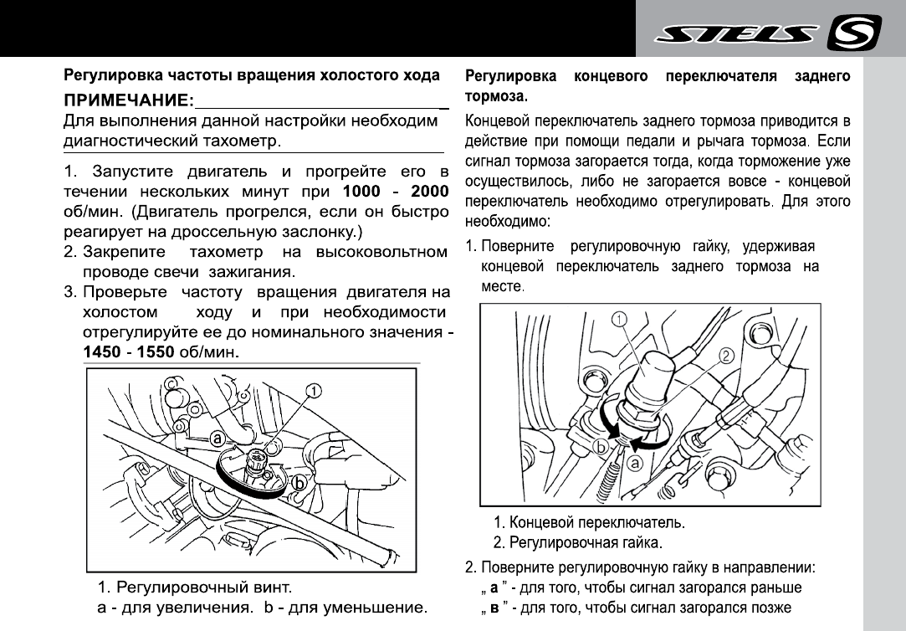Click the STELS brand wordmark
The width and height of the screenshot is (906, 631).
[735, 35]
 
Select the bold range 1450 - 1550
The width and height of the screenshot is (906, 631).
[127, 352]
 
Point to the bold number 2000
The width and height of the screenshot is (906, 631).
[424, 191]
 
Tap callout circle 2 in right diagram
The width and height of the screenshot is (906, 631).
[726, 355]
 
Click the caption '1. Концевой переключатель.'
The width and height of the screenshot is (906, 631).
[589, 523]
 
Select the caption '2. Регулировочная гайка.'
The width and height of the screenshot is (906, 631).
[577, 542]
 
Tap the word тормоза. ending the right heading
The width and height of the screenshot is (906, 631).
[495, 95]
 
